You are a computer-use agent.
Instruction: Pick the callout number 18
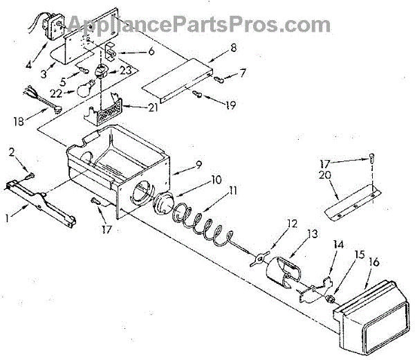coord(19,122)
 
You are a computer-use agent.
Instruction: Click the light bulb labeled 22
coord(85,87)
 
